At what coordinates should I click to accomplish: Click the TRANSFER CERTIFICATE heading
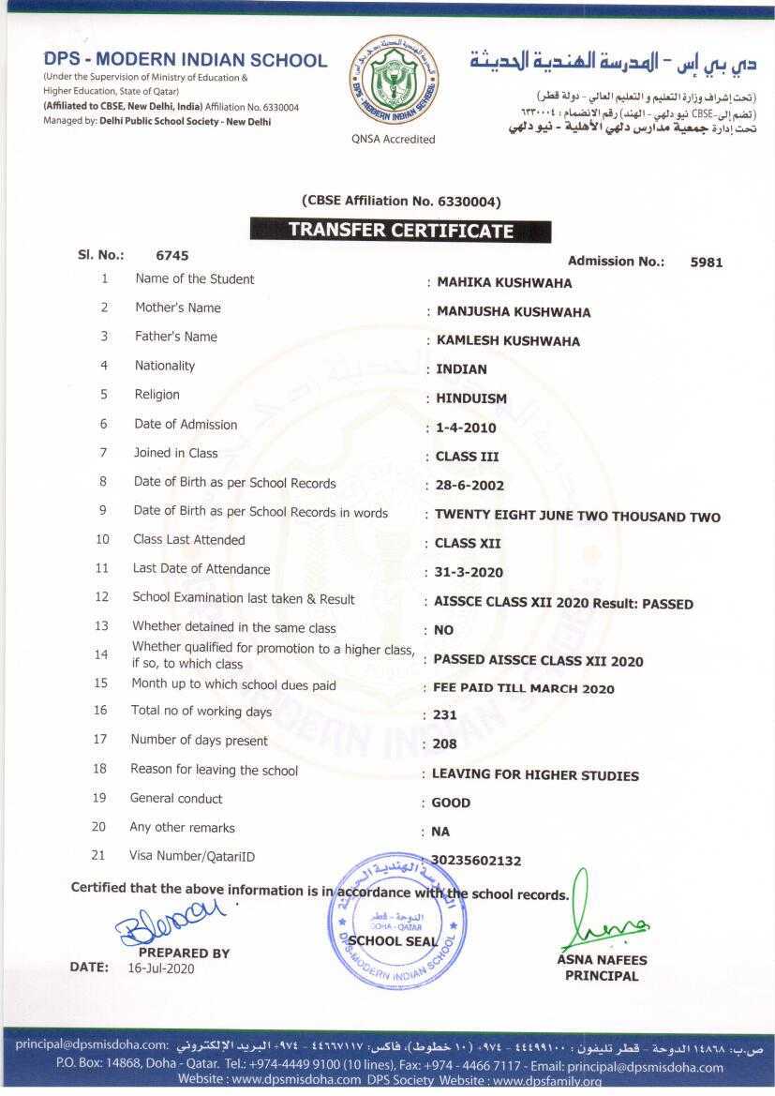(x=400, y=231)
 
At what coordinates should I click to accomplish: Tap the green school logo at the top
(x=393, y=83)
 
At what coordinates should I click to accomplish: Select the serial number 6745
(x=172, y=255)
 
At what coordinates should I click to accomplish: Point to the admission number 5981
(x=706, y=263)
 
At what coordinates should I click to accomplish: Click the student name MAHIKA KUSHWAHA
(x=504, y=283)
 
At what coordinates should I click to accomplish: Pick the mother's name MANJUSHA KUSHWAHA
(x=514, y=312)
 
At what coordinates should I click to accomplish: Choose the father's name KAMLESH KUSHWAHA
(x=508, y=341)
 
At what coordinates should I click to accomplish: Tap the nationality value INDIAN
(x=461, y=369)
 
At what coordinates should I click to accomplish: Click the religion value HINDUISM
(x=471, y=398)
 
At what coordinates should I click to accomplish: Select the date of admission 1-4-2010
(x=466, y=428)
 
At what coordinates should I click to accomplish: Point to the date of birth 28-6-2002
(x=469, y=486)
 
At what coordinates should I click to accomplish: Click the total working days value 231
(x=445, y=714)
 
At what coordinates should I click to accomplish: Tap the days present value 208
(x=445, y=744)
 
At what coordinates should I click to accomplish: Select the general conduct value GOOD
(x=451, y=803)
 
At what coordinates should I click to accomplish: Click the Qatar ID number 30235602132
(x=476, y=861)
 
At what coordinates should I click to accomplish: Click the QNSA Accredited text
(x=394, y=140)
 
